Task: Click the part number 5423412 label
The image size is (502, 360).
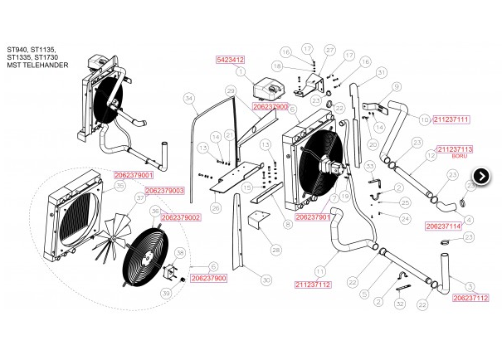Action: coord(230,60)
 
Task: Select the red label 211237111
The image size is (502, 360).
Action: coord(451,119)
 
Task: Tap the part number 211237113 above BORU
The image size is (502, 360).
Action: coord(454,148)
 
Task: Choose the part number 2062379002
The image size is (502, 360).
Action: coord(181,217)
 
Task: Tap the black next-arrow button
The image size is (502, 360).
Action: coord(482,175)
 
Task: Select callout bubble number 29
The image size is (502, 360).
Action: coord(232,90)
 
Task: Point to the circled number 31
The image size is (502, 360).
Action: coord(382,73)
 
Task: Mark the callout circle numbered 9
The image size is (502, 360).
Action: coord(397,87)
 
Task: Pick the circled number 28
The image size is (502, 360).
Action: coord(275,250)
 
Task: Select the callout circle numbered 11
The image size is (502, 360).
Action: coord(318,270)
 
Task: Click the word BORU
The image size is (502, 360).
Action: coord(460,156)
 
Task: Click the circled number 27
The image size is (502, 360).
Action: coord(329,51)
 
